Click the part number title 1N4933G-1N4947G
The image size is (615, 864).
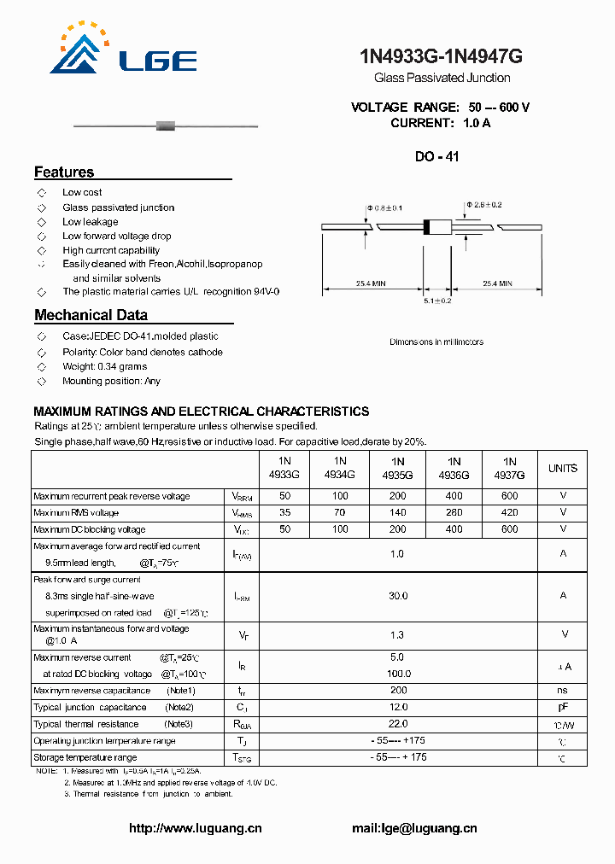[441, 56]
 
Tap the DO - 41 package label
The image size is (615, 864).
[436, 157]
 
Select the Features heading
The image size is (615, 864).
[64, 172]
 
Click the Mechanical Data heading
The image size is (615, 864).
[91, 315]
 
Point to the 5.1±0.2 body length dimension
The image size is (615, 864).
[436, 301]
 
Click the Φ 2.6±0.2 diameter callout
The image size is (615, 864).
[484, 205]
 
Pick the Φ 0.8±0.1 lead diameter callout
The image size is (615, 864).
[384, 208]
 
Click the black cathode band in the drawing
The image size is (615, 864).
[427, 227]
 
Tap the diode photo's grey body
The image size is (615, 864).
[166, 126]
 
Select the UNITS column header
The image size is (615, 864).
[563, 468]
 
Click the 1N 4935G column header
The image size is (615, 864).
[398, 468]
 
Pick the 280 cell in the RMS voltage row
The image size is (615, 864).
[454, 513]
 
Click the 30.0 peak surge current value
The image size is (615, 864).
[398, 596]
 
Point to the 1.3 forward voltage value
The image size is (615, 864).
[398, 634]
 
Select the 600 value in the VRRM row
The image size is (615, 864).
[510, 496]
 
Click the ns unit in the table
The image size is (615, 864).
[563, 691]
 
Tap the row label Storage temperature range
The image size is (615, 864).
[85, 757]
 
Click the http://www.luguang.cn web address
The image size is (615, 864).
[196, 828]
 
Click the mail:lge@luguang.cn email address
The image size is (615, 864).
[414, 828]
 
